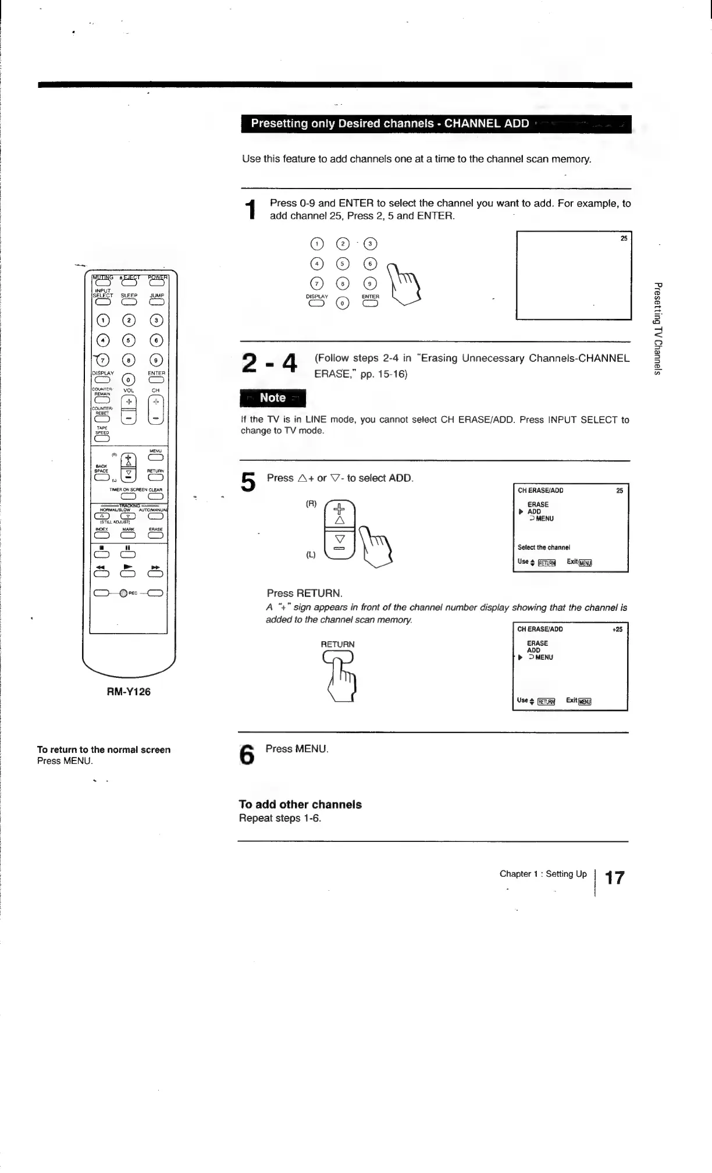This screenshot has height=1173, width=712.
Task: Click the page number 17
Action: pyautogui.click(x=614, y=877)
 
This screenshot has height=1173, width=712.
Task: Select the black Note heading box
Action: pyautogui.click(x=272, y=398)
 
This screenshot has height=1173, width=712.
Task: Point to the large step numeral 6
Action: pyautogui.click(x=247, y=756)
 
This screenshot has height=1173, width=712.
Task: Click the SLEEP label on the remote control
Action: pyautogui.click(x=129, y=295)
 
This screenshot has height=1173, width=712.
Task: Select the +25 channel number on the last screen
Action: pyautogui.click(x=617, y=629)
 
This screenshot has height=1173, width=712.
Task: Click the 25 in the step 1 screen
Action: pyautogui.click(x=624, y=238)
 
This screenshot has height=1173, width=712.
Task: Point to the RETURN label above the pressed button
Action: pyautogui.click(x=337, y=644)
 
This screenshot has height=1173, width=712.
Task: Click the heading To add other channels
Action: pyautogui.click(x=300, y=805)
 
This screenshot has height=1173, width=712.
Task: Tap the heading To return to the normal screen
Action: pyautogui.click(x=104, y=749)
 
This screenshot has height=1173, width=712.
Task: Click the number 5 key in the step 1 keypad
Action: pyautogui.click(x=344, y=264)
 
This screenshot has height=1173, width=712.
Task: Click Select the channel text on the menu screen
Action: pyautogui.click(x=543, y=547)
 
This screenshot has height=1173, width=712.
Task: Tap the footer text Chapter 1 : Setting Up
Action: pyautogui.click(x=543, y=873)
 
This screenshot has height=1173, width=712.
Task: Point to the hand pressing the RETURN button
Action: pyautogui.click(x=344, y=678)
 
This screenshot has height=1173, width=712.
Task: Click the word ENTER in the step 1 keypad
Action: pyautogui.click(x=370, y=296)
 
